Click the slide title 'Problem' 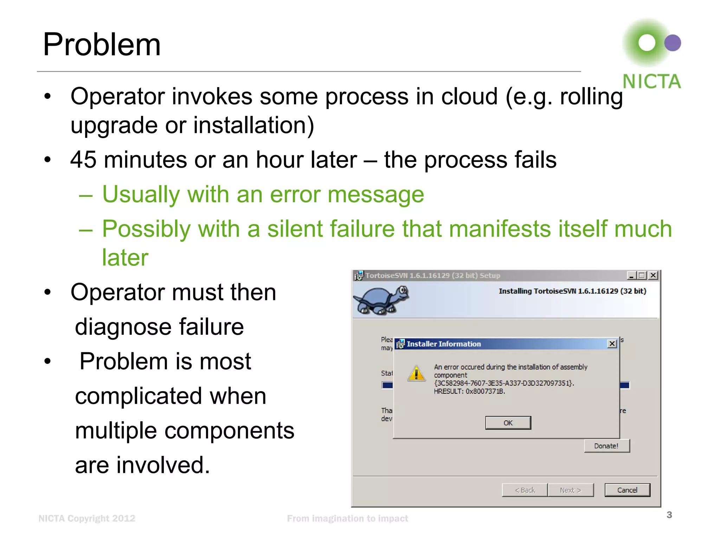pos(102,45)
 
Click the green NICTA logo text pos(651,82)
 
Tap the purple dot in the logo pos(673,43)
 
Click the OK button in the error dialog pos(508,423)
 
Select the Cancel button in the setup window pos(627,490)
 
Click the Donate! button pos(606,446)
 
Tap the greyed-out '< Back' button pos(525,490)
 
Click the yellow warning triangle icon pos(417,373)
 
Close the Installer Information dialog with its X pos(612,344)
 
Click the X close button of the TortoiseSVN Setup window pos(653,275)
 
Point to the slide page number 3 pos(669,515)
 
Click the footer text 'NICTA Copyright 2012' pos(87,519)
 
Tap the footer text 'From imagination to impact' pos(347,519)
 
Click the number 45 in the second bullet pos(83,160)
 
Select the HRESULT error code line pos(469,391)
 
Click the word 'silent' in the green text pos(294,229)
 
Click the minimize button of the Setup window pos(631,275)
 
